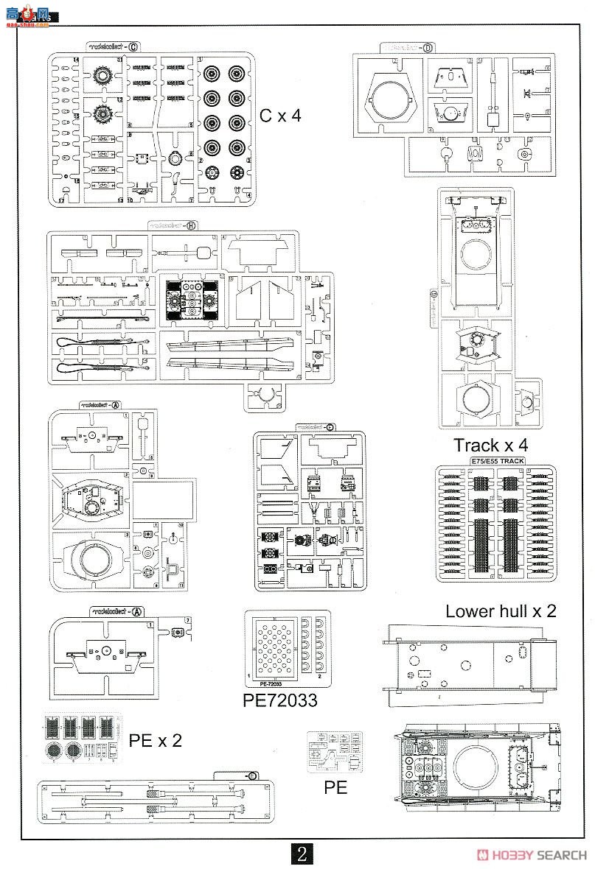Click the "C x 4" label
click(280, 116)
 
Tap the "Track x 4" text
click(490, 445)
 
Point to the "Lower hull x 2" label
click(501, 611)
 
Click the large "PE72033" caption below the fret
click(280, 699)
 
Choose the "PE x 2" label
click(155, 740)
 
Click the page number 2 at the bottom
click(302, 854)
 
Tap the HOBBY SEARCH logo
click(532, 854)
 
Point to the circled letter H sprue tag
click(191, 225)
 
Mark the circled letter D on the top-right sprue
click(428, 48)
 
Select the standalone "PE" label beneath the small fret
click(335, 787)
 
